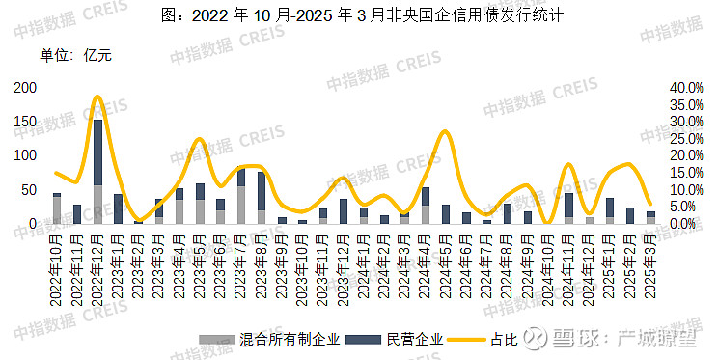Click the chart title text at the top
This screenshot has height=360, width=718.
359,16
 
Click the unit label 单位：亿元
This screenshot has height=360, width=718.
76,55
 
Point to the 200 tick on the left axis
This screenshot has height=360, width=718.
26,88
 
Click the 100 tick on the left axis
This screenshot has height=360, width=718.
26,155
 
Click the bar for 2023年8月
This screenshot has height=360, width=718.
262,198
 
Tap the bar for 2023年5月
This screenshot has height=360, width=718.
200,204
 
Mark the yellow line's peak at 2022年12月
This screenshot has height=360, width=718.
97,97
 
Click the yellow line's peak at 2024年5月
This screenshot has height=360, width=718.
445,131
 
